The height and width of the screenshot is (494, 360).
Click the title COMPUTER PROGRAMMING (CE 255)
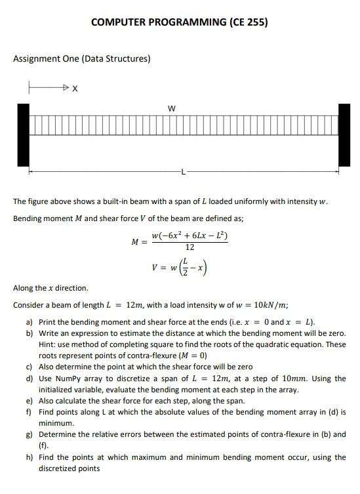(179, 22)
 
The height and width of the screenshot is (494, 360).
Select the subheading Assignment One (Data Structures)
(82, 59)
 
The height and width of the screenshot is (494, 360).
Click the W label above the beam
(172, 108)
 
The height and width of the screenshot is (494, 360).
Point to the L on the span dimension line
(184, 173)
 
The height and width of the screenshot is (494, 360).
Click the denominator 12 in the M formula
(190, 248)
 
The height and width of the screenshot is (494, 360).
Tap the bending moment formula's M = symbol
(139, 241)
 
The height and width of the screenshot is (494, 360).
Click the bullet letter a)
(30, 322)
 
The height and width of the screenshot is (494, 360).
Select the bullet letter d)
(30, 379)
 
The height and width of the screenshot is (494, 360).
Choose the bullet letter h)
(30, 457)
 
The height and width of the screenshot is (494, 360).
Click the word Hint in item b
(48, 344)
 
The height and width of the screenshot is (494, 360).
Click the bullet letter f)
(30, 412)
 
